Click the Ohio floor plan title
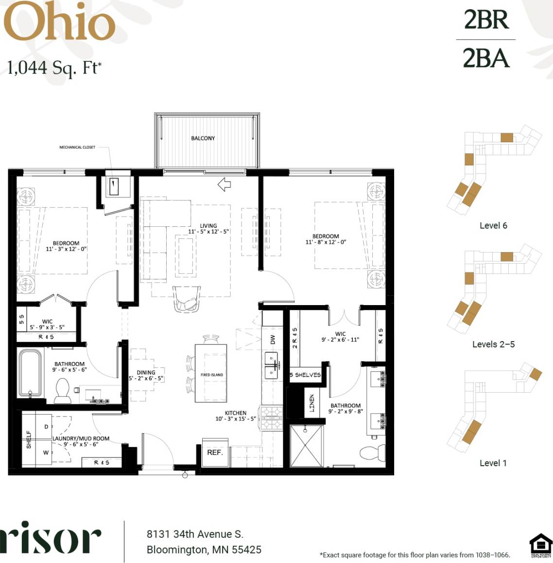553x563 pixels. pos(59,22)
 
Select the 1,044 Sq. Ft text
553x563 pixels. pos(54,68)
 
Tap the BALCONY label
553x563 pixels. pos(203,138)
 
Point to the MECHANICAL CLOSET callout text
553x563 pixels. pos(77,147)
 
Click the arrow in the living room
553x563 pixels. pos(224,184)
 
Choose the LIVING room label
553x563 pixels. pos(208,226)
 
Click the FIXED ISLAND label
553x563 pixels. pos(211,375)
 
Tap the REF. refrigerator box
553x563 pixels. pos(215,453)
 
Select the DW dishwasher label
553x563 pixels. pos(273,339)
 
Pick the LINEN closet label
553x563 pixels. pos(312,403)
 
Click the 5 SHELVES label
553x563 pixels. pos(305,375)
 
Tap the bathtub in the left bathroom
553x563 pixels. pos(30,373)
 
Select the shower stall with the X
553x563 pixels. pos(306,446)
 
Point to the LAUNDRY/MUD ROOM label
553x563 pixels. pos(81,438)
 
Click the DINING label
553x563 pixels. pos(146,372)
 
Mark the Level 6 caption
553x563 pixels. pos(493,225)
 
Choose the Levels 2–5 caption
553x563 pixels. pos(493,344)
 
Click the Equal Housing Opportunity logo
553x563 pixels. pos(540,545)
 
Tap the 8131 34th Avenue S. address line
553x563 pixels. pos(194,534)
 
